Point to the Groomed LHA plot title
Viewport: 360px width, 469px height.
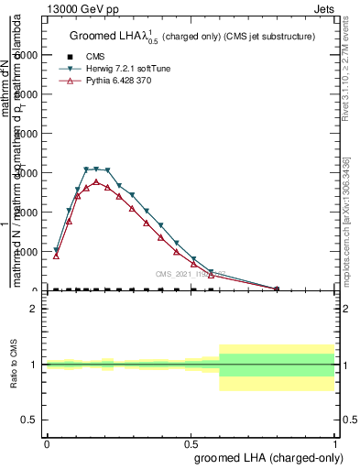coord(192,36)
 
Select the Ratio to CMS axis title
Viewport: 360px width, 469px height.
coord(14,365)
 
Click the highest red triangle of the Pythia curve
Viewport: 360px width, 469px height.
coord(96,181)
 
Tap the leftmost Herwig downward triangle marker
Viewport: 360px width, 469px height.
coord(56,250)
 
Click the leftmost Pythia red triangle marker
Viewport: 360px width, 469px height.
coord(56,256)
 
